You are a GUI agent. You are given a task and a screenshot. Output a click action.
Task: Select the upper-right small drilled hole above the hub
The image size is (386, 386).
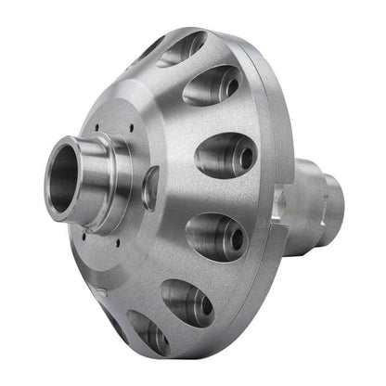(x=133, y=128)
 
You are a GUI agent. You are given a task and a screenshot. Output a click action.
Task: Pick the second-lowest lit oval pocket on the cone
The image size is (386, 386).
(x=186, y=300)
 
